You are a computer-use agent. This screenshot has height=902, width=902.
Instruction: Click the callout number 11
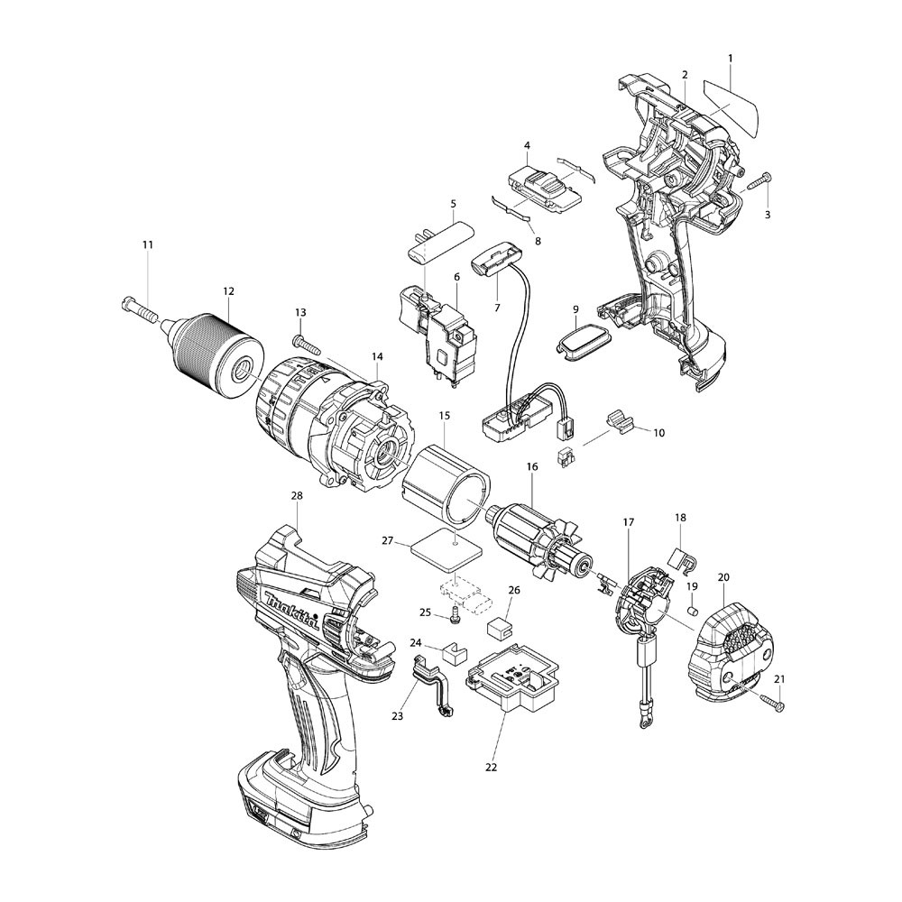click(x=148, y=245)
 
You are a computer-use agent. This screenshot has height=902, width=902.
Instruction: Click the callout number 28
click(x=297, y=496)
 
